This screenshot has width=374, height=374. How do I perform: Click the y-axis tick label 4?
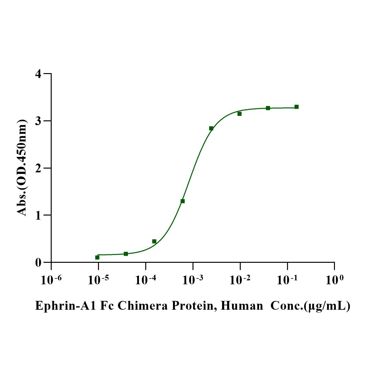pyautogui.click(x=38, y=74)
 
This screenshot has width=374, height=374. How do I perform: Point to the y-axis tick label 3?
pyautogui.click(x=38, y=121)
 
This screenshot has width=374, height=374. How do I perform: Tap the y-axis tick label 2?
pyautogui.click(x=38, y=168)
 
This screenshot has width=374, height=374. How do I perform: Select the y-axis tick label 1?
pyautogui.click(x=38, y=215)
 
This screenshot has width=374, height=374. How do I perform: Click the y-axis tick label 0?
pyautogui.click(x=38, y=262)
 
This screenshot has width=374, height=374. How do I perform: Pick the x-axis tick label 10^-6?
pyautogui.click(x=51, y=279)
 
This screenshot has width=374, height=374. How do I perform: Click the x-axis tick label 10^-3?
pyautogui.click(x=193, y=279)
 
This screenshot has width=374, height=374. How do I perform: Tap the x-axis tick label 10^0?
pyautogui.click(x=334, y=279)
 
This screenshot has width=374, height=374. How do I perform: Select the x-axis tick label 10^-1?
pyautogui.click(x=287, y=279)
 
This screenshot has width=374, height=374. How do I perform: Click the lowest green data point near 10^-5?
pyautogui.click(x=97, y=257)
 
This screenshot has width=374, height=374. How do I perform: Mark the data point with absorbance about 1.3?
pyautogui.click(x=182, y=201)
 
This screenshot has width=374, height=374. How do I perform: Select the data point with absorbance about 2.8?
pyautogui.click(x=211, y=128)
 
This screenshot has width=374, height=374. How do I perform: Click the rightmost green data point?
pyautogui.click(x=296, y=107)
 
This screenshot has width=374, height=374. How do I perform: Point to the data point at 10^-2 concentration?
pyautogui.click(x=239, y=114)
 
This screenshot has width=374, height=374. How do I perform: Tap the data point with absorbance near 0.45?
pyautogui.click(x=154, y=241)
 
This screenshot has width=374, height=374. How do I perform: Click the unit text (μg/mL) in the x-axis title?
pyautogui.click(x=328, y=306)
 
